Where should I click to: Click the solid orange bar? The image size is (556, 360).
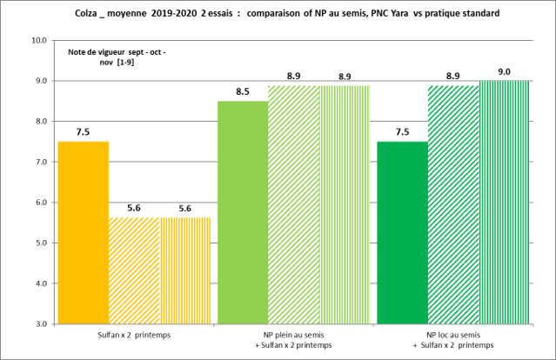coord(83,232)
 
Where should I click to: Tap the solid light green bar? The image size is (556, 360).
coord(242,212)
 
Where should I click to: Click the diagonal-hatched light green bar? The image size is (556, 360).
coord(293,204)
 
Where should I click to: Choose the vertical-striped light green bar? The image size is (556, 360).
coord(345,204)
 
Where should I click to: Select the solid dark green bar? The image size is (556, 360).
coord(402,232)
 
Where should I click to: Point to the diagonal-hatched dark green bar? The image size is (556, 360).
coord(452,204)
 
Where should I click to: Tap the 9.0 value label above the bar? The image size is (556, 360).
coord(505,71)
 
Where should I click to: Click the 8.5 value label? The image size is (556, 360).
coord(242,91)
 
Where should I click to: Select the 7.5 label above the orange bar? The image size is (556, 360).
coord(83,132)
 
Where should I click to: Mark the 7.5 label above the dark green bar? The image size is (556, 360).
coord(402,132)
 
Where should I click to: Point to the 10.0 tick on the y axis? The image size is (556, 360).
coord(38,41)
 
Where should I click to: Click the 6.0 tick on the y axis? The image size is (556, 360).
coord(40,203)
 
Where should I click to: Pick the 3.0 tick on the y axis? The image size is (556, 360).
coord(40,324)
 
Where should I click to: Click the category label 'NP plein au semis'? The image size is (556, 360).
coord(293,334)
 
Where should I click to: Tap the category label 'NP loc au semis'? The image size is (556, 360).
coord(453,334)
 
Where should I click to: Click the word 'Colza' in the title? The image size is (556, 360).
coord(102,14)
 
